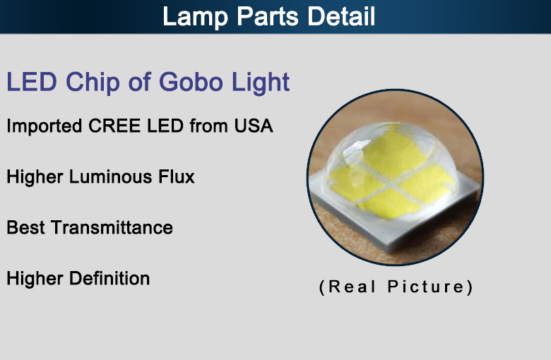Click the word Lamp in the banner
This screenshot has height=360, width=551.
195,17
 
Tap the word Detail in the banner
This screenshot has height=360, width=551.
341,16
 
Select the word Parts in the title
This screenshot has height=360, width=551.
268,16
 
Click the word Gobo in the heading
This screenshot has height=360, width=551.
191,81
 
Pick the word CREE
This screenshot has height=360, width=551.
114,126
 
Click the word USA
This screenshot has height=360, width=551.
254,126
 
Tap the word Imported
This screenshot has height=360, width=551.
45,126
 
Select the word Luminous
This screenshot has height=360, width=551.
110,176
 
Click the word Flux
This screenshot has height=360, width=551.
176,176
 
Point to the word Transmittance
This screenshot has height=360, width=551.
112,227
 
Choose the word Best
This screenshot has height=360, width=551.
25,227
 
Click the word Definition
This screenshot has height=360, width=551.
109,278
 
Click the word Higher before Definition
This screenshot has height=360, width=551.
35,279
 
